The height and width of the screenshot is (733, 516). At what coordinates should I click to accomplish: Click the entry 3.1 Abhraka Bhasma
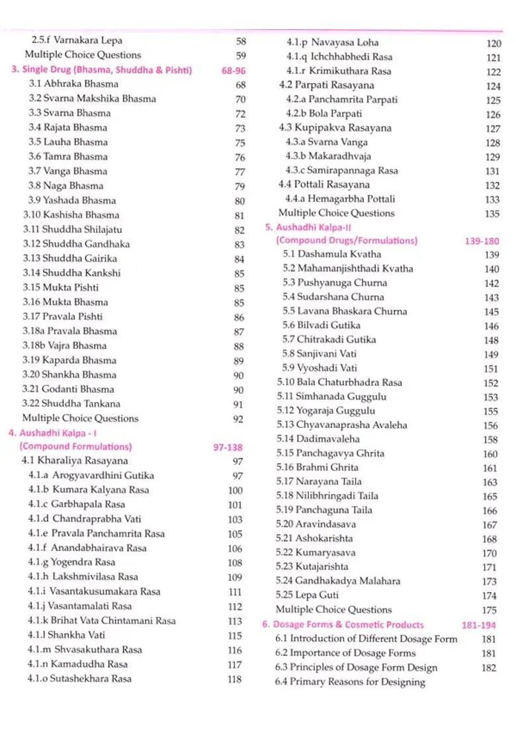pyautogui.click(x=73, y=84)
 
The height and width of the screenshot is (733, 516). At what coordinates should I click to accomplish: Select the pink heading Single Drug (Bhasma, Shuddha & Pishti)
pyautogui.click(x=101, y=69)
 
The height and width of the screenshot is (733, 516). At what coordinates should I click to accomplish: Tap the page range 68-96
pyautogui.click(x=233, y=70)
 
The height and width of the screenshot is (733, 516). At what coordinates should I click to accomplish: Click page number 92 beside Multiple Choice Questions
pyautogui.click(x=238, y=419)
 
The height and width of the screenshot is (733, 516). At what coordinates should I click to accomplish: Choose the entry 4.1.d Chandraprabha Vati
pyautogui.click(x=85, y=519)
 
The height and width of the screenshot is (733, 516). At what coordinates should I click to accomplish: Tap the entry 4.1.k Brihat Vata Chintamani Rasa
pyautogui.click(x=102, y=621)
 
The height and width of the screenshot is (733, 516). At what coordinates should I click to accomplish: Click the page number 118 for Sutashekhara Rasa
pyautogui.click(x=235, y=679)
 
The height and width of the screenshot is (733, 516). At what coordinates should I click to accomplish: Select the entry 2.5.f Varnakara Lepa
pyautogui.click(x=77, y=40)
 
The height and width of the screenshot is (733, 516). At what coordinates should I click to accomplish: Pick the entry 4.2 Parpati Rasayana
pyautogui.click(x=326, y=85)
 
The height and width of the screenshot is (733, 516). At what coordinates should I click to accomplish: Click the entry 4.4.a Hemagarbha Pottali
pyautogui.click(x=340, y=198)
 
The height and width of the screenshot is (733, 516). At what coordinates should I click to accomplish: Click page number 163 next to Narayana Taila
pyautogui.click(x=490, y=483)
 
